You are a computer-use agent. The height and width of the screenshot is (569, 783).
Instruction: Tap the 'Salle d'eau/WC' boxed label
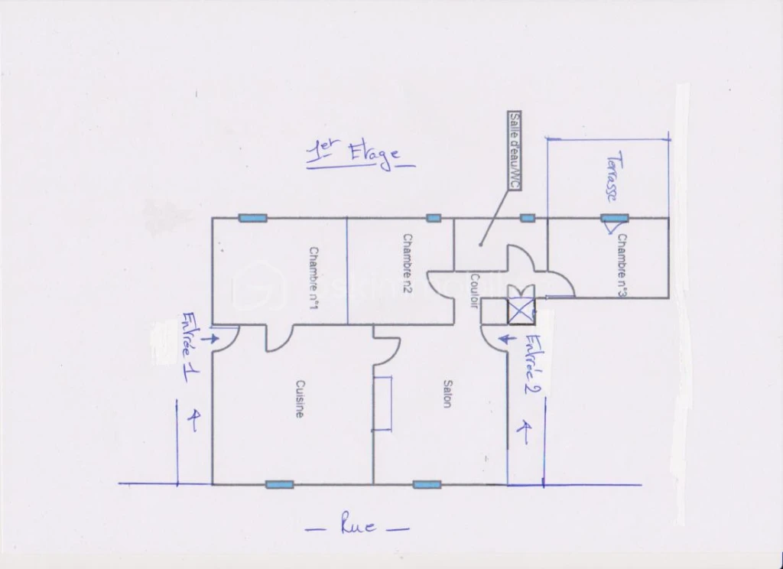click(515, 151)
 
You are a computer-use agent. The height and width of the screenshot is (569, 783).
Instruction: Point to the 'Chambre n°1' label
click(314, 278)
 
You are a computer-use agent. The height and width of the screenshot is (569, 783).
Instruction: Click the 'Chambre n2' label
click(408, 263)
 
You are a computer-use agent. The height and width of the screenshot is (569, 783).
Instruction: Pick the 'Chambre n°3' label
click(622, 265)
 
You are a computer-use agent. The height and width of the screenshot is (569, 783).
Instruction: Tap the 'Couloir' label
click(475, 291)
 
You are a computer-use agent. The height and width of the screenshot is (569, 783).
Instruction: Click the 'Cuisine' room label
click(300, 398)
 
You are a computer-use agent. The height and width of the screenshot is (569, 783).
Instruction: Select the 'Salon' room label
click(447, 394)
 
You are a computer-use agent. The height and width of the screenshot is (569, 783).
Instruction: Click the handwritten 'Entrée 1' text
click(190, 347)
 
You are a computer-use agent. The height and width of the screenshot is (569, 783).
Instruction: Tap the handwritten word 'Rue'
click(358, 526)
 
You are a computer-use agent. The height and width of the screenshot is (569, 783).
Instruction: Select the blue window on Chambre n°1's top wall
click(252, 218)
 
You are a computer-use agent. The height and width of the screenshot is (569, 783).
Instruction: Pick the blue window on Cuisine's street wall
click(279, 484)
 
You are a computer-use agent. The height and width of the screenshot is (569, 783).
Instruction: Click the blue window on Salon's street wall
click(427, 484)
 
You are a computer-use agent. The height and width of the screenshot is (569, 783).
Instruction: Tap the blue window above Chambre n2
click(434, 218)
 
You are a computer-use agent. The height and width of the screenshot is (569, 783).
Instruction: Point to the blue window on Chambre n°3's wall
click(614, 218)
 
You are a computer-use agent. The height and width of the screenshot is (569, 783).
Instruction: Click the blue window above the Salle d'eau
click(528, 218)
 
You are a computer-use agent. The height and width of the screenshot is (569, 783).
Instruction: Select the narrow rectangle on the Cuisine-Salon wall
click(383, 403)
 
